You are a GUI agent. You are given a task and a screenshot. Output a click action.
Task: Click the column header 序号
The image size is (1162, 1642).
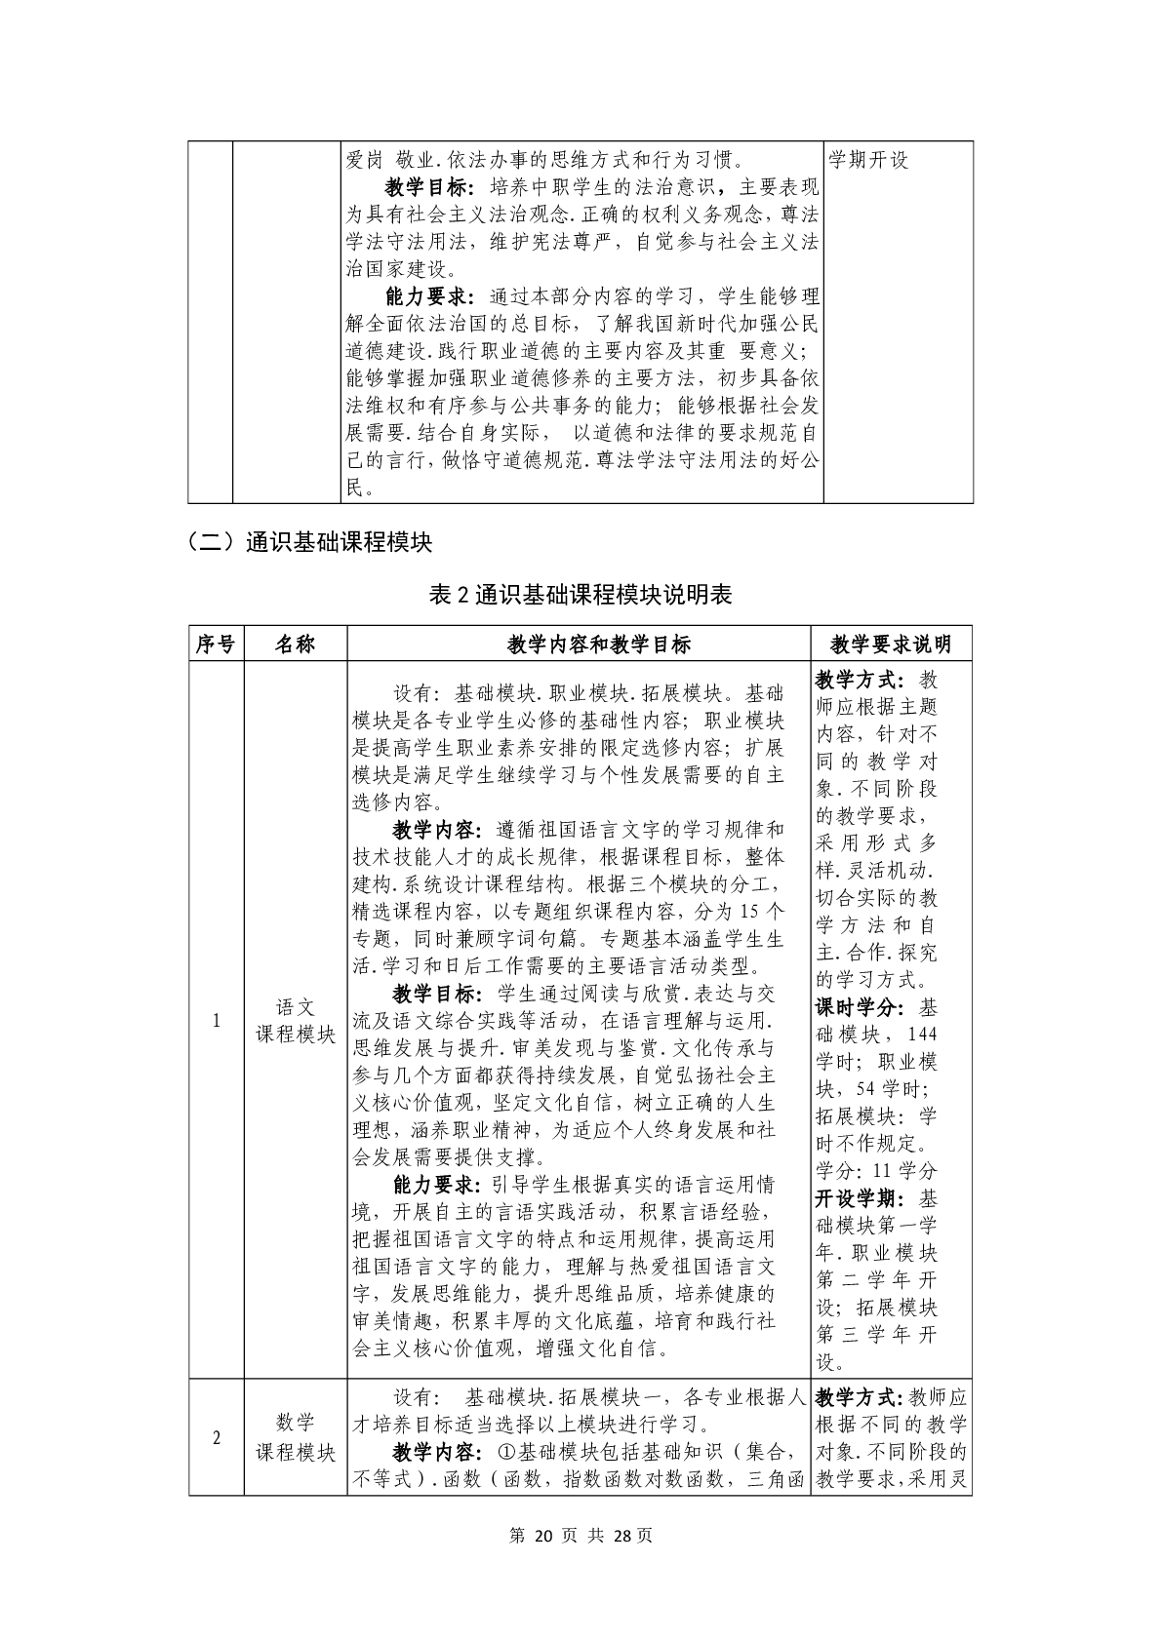click(216, 644)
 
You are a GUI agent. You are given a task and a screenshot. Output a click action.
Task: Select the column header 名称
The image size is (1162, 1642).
click(295, 644)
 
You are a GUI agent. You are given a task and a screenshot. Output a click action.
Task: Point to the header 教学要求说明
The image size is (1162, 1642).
click(890, 644)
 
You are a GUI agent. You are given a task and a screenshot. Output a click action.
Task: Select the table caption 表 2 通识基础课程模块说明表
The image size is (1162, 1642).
click(581, 595)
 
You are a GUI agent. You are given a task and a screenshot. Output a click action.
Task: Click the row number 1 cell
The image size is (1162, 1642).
click(216, 1021)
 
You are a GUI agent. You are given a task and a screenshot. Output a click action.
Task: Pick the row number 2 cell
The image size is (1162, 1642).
click(216, 1438)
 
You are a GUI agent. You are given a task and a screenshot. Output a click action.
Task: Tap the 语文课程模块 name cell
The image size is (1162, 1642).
click(295, 1021)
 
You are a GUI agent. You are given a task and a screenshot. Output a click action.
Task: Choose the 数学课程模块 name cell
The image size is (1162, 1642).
click(295, 1438)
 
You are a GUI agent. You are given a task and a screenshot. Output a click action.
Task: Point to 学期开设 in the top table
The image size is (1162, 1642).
click(868, 159)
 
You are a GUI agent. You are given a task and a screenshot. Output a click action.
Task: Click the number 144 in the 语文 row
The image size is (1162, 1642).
click(921, 1034)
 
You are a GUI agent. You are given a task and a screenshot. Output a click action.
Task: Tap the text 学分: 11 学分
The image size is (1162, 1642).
click(875, 1170)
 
